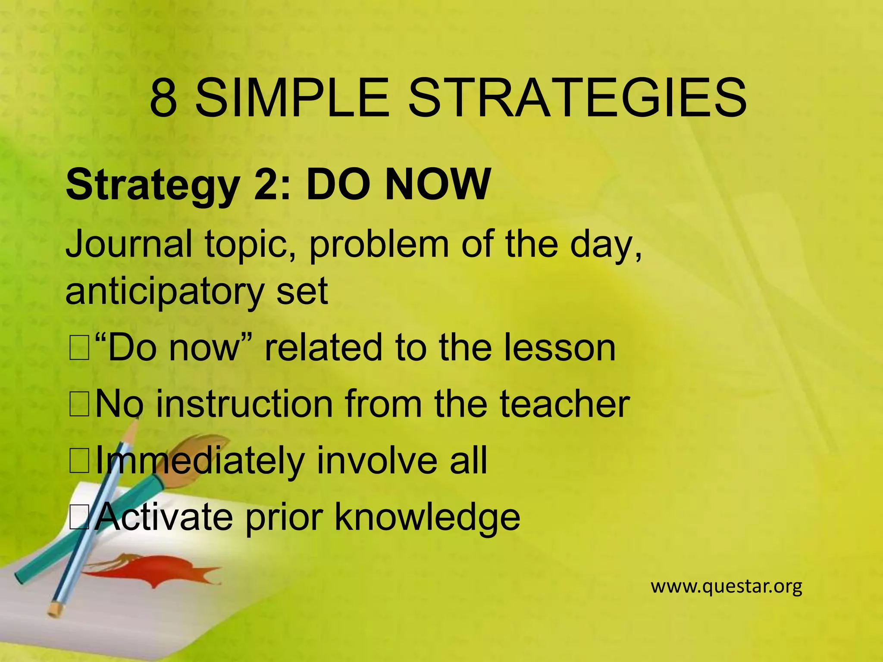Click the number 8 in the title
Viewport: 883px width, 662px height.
pyautogui.click(x=163, y=98)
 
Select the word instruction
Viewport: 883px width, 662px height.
pyautogui.click(x=244, y=404)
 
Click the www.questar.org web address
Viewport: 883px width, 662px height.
pyautogui.click(x=726, y=587)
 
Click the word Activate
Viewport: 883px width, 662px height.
pyautogui.click(x=163, y=517)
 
